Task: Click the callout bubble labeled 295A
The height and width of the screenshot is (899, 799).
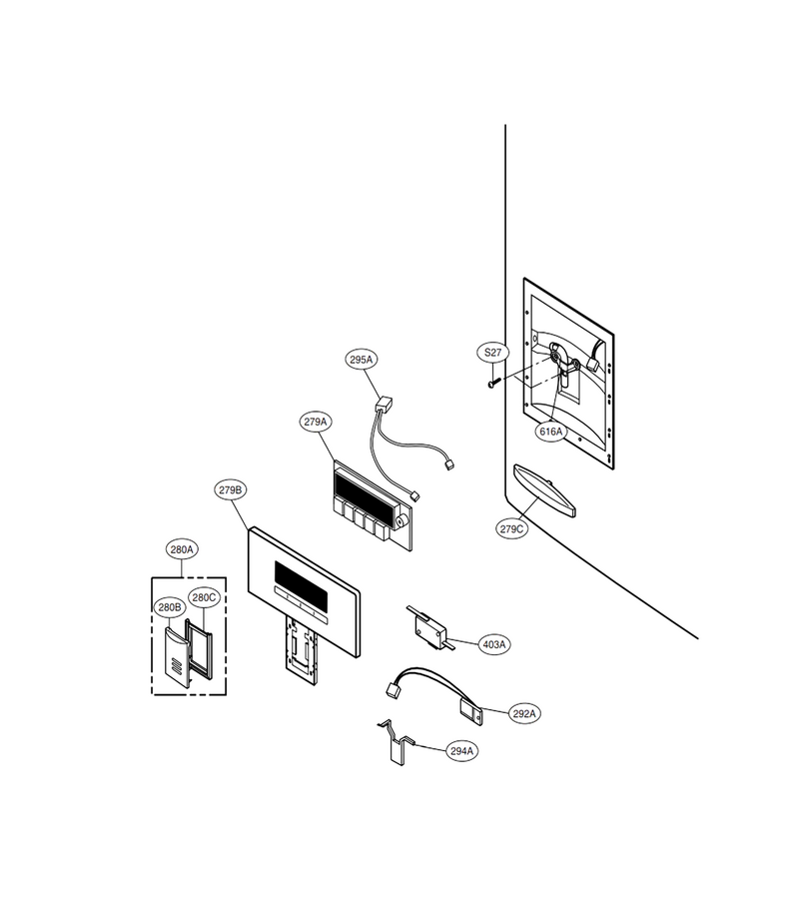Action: [362, 360]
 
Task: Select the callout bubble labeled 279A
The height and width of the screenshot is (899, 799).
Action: [316, 422]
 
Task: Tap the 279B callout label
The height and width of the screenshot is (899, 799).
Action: [231, 490]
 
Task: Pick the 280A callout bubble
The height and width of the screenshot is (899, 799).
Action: [182, 549]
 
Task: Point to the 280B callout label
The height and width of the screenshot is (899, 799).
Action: [170, 607]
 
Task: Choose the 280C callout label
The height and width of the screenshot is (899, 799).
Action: [204, 598]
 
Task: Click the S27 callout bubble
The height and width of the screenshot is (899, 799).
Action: [493, 353]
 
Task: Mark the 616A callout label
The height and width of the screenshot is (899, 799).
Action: [551, 432]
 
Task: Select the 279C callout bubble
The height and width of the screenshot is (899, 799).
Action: [511, 529]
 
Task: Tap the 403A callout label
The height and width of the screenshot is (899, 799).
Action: [494, 645]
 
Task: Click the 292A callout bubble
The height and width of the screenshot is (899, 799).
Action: [524, 714]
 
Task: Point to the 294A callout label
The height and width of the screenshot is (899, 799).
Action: [462, 751]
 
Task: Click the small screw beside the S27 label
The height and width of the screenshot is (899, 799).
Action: [494, 382]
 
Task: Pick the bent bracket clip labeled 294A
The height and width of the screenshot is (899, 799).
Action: [397, 744]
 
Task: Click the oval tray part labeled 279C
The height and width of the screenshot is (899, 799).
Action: [544, 489]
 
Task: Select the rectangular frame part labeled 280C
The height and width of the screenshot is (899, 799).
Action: [199, 648]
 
